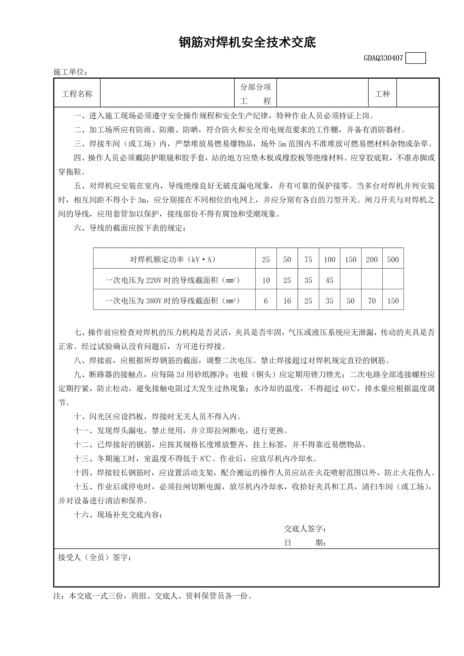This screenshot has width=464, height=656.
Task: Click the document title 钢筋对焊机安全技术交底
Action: [247, 42]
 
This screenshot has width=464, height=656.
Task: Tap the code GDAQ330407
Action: [383, 58]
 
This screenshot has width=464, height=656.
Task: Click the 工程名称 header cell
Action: [77, 94]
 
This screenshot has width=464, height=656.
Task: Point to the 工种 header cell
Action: [382, 94]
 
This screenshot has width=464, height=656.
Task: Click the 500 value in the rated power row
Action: [393, 259]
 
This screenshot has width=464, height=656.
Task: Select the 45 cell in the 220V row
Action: [329, 280]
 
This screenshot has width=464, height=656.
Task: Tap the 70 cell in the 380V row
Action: [372, 301]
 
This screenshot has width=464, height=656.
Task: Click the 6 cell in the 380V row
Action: [266, 301]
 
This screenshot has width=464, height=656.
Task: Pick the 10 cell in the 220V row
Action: [266, 280]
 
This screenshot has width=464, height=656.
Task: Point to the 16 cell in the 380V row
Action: [287, 301]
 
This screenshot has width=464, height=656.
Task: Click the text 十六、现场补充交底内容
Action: [118, 515]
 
